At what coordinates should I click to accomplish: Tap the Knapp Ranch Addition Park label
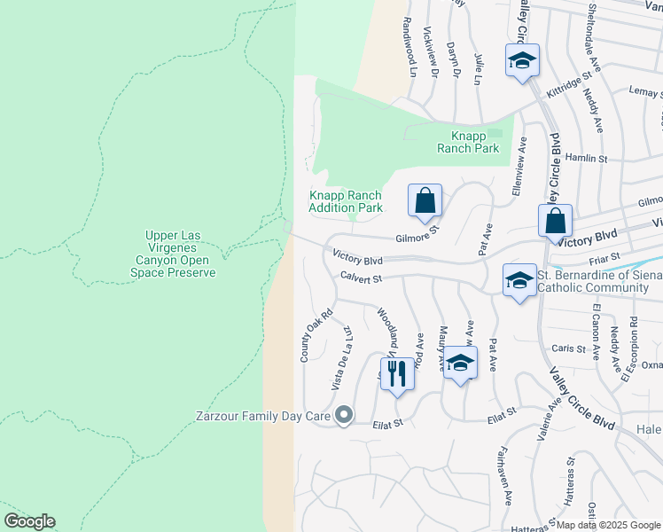346,202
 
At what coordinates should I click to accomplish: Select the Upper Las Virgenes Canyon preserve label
181,254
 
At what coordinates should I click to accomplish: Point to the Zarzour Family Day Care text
263,415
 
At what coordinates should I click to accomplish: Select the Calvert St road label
359,278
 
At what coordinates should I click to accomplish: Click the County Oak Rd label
315,334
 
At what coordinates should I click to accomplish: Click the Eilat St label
387,424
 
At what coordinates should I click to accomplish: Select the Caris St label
570,348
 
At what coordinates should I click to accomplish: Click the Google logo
29,521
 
